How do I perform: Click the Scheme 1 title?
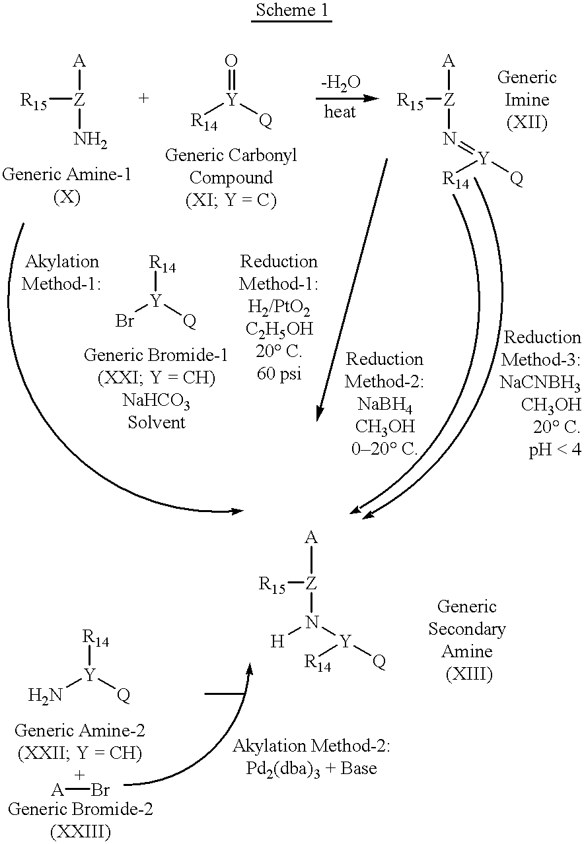291,13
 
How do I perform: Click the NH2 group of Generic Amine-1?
90,141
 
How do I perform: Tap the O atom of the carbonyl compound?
231,61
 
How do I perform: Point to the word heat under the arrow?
340,112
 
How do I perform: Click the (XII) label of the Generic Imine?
527,122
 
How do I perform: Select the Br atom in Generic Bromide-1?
125,321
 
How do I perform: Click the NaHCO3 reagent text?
156,399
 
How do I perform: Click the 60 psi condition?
278,374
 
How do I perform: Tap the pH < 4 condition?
554,451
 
